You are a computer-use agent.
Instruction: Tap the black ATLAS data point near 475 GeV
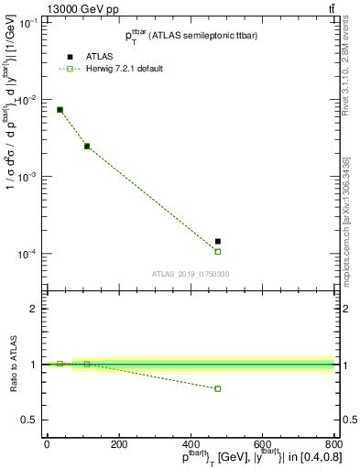[218, 242]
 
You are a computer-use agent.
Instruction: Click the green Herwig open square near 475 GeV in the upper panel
[218, 251]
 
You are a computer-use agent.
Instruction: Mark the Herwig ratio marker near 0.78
[218, 388]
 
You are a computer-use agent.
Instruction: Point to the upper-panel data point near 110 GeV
[87, 146]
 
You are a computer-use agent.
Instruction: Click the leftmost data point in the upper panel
[60, 110]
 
